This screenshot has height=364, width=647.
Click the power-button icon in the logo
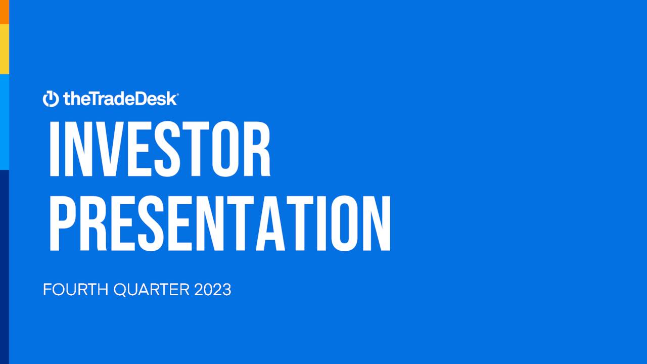pos(51,99)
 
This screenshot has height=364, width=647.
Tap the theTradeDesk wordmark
pos(120,99)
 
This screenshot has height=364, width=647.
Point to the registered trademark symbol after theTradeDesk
pos(176,94)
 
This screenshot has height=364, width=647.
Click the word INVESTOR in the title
pos(159,150)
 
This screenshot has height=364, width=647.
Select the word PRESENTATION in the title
pos(219,224)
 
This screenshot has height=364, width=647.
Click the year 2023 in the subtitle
pos(212,290)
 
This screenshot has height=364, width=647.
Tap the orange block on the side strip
pos(5,12)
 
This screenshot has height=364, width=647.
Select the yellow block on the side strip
pos(5,49)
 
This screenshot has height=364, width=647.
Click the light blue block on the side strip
pos(5,122)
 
